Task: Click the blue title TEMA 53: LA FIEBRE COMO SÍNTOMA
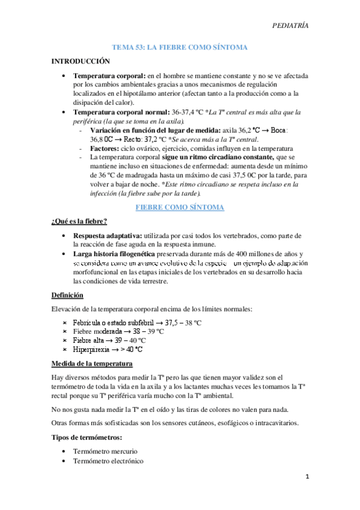coord(180,47)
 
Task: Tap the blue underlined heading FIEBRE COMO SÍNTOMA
coord(180,207)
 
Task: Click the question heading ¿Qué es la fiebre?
coord(79,221)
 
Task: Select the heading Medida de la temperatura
coord(91,364)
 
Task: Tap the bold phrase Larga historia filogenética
coord(113,254)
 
